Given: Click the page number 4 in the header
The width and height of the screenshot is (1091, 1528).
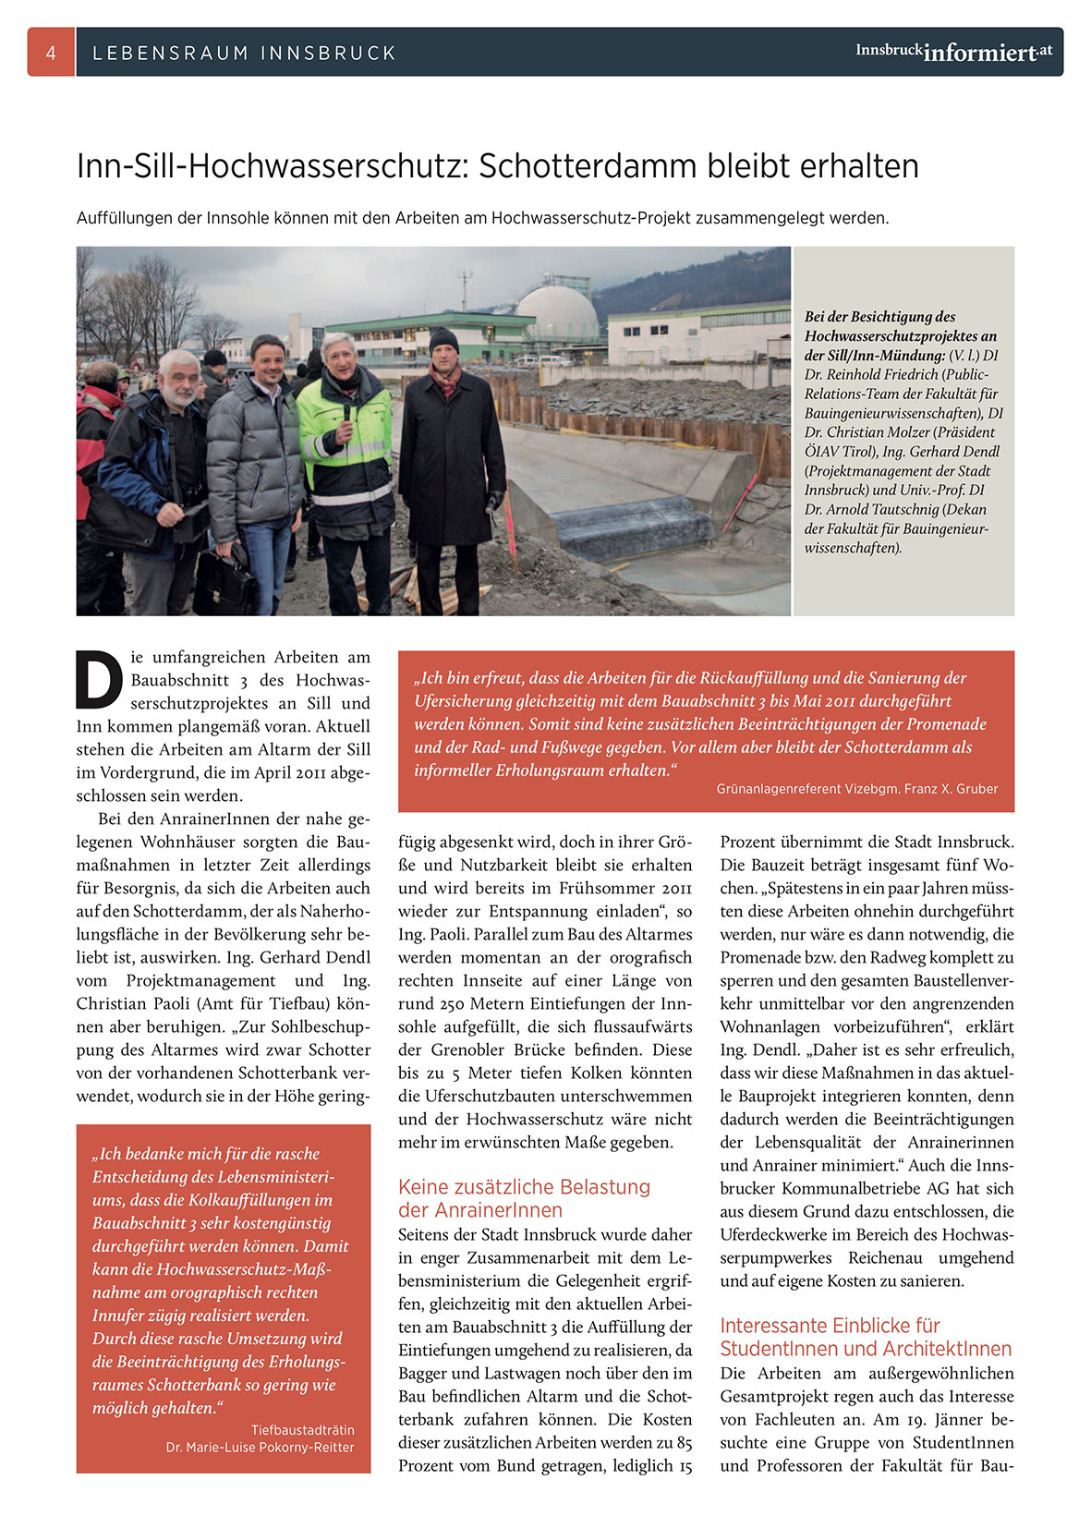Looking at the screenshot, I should [x=51, y=53].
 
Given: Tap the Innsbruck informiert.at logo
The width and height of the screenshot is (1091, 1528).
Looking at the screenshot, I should [x=953, y=52].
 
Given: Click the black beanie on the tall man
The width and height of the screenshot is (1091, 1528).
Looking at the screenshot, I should [x=444, y=339].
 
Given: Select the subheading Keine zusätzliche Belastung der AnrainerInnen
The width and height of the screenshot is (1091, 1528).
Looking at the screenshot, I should [x=525, y=1198].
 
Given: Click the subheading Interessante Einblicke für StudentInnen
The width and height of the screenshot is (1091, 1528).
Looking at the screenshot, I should [x=866, y=1337].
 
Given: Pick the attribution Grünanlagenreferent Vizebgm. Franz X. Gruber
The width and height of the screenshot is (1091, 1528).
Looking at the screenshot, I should [x=856, y=789].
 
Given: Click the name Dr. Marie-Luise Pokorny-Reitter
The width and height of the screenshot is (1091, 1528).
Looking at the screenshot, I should [x=260, y=1447].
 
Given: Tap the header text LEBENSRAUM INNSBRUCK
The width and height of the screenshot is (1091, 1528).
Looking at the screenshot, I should [x=244, y=54].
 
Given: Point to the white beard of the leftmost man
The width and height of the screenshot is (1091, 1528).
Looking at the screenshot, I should [x=178, y=397].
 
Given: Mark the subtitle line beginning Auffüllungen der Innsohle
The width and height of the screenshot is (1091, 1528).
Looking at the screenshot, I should [x=482, y=219].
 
